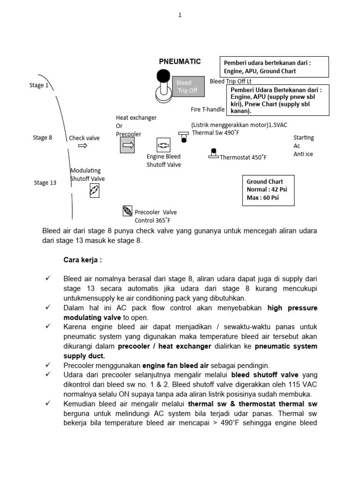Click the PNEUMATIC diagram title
coord(180,61)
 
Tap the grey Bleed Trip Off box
coord(188,86)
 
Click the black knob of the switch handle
coord(163,75)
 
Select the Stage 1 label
coord(38,85)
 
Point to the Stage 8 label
coord(42,138)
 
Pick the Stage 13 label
coord(45,183)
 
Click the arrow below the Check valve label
coord(82,146)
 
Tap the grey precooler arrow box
coord(128,146)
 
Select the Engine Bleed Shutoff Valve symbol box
coord(163,145)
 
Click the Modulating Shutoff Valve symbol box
coord(94,190)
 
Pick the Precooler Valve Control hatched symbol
coord(127,211)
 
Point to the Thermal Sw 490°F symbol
coord(184,138)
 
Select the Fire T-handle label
coord(208,110)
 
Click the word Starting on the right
coord(303,138)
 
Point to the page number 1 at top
coord(180,15)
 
